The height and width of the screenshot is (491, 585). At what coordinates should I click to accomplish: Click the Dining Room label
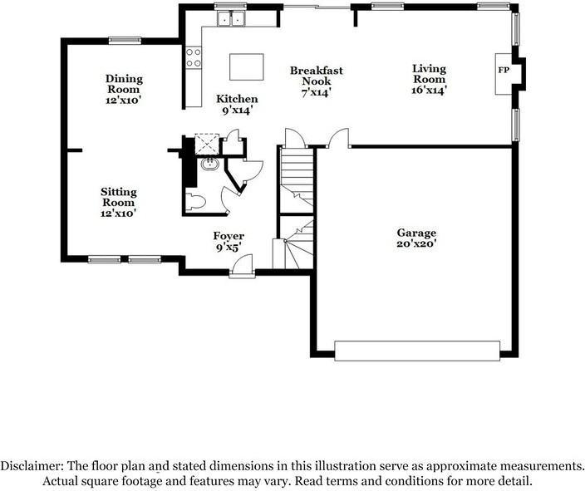click(124, 89)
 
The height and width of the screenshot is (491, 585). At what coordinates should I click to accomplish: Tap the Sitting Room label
click(119, 202)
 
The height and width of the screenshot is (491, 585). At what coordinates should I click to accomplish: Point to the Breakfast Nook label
click(316, 81)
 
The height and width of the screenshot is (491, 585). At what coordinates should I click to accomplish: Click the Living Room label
click(430, 79)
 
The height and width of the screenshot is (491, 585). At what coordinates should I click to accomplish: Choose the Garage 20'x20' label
click(416, 238)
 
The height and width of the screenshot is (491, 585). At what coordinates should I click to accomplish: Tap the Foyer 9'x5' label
click(229, 241)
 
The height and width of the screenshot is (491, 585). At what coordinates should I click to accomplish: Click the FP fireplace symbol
click(504, 70)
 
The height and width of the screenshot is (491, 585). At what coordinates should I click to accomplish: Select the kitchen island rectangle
click(246, 66)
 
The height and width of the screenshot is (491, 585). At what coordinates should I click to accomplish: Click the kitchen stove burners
click(193, 56)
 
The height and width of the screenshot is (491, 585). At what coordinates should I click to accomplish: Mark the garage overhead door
click(417, 350)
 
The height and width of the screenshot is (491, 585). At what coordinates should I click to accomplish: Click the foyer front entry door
click(242, 266)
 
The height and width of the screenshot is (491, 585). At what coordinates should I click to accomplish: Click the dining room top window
click(124, 39)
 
